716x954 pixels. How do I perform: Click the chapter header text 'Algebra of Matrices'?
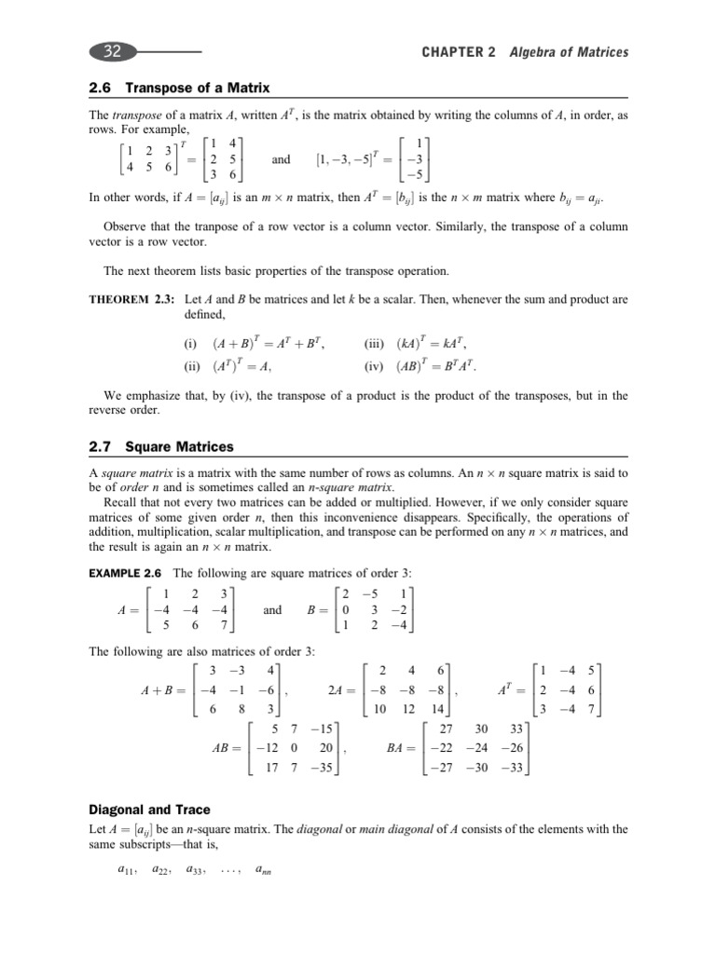tap(569, 52)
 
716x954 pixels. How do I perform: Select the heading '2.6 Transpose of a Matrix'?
tap(178, 88)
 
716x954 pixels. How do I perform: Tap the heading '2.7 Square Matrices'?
tap(160, 447)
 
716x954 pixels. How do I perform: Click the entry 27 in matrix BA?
tap(445, 730)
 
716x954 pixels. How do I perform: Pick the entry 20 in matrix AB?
tap(325, 750)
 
